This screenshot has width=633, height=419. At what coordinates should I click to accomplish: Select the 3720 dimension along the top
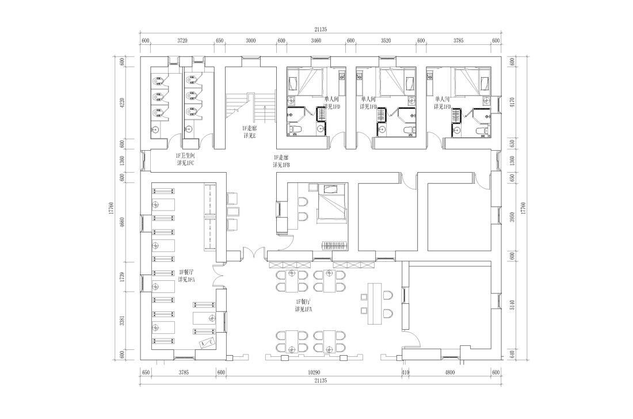[x=182, y=41]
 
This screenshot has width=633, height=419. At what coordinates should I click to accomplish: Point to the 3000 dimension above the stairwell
[x=250, y=41]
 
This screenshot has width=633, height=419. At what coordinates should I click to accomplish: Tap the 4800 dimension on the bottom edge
[x=449, y=372]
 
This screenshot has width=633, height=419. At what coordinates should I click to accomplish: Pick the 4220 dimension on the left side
[x=123, y=103]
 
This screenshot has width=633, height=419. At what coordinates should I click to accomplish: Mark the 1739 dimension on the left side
[x=123, y=276]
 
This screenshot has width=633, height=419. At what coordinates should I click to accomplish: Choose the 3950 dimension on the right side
[x=511, y=218]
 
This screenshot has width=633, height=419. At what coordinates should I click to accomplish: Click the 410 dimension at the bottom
[x=405, y=372]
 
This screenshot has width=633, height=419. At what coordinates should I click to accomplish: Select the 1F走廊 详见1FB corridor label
[x=281, y=161]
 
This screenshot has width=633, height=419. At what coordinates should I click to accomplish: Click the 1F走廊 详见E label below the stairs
[x=250, y=132]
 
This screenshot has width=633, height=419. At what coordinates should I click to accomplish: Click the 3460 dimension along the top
[x=315, y=41]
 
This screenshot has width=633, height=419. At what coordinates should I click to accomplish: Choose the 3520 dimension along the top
[x=386, y=41]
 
